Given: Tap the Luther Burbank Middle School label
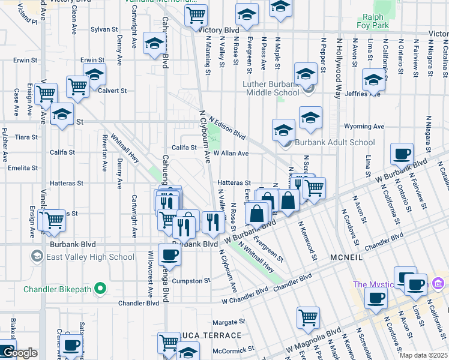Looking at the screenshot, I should [x=271, y=88].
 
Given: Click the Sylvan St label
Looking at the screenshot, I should [x=104, y=29].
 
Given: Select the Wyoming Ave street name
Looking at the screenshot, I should [x=364, y=127].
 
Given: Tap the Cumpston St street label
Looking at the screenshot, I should [x=191, y=280].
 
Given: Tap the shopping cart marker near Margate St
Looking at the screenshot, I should [x=309, y=317].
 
